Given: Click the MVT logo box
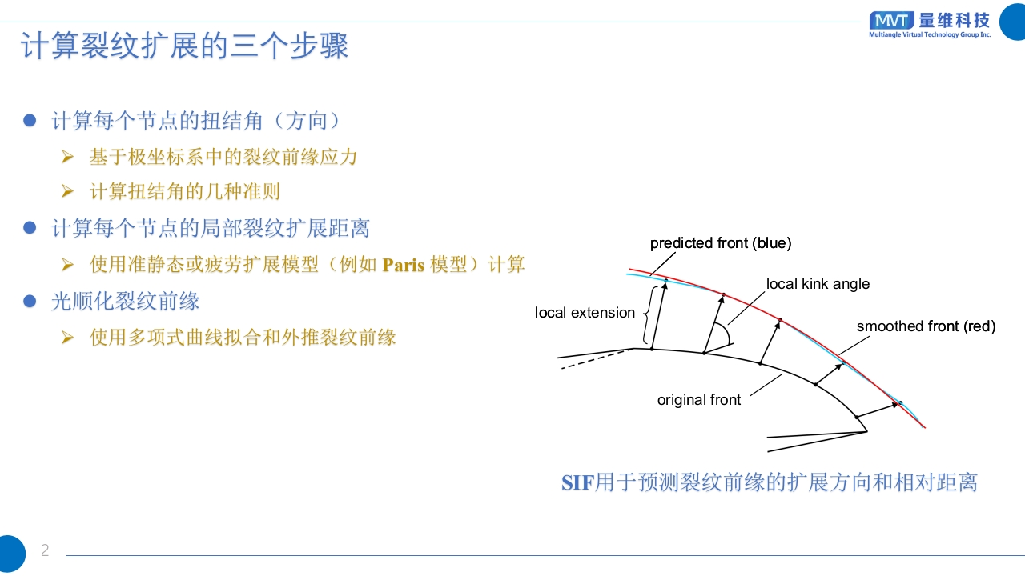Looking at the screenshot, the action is pyautogui.click(x=891, y=21).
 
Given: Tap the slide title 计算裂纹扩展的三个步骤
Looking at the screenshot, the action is pyautogui.click(x=184, y=46).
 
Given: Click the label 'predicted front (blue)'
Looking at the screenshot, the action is pyautogui.click(x=721, y=242).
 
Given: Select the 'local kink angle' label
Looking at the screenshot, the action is pyautogui.click(x=818, y=284).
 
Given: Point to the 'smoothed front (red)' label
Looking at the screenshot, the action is pyautogui.click(x=927, y=326).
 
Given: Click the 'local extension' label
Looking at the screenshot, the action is pyautogui.click(x=585, y=313).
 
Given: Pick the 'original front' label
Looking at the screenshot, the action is pyautogui.click(x=699, y=400).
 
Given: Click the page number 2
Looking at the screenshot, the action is pyautogui.click(x=45, y=550).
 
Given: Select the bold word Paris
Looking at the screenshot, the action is pyautogui.click(x=403, y=265).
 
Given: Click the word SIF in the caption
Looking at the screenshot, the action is pyautogui.click(x=578, y=483).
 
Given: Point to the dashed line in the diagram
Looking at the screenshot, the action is pyautogui.click(x=597, y=359).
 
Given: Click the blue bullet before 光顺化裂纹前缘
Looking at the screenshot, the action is pyautogui.click(x=30, y=302).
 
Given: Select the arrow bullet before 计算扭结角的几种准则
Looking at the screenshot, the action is pyautogui.click(x=68, y=191).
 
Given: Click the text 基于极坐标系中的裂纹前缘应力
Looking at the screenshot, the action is pyautogui.click(x=223, y=157).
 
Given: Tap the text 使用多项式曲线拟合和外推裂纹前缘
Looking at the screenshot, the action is pyautogui.click(x=243, y=338).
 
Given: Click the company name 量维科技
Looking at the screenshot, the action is pyautogui.click(x=955, y=21).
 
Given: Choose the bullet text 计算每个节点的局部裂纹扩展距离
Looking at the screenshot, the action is pyautogui.click(x=211, y=228).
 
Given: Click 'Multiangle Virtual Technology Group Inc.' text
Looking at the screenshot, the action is pyautogui.click(x=930, y=34).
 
